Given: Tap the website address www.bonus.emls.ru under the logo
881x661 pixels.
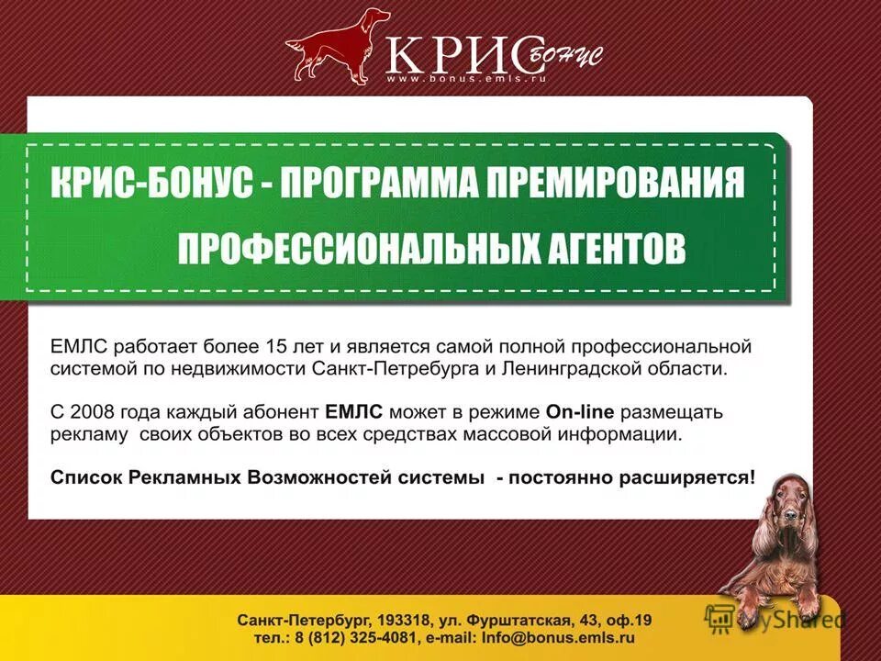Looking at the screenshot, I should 466,79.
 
